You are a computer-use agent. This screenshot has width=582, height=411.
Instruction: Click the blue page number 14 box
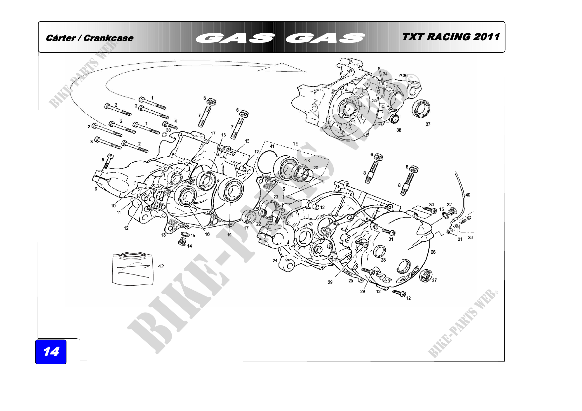(x=51, y=352)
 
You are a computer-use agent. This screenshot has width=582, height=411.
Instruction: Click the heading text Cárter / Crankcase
(x=90, y=38)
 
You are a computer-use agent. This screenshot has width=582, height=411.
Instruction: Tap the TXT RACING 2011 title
(x=451, y=37)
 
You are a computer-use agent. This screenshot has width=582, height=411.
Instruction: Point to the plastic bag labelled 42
(x=133, y=269)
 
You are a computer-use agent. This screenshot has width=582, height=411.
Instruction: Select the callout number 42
(x=161, y=266)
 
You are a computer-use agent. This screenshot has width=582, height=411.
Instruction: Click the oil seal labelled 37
(x=421, y=108)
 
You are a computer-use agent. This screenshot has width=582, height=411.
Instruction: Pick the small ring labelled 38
(x=394, y=119)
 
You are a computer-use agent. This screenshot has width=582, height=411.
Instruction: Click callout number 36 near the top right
(x=405, y=76)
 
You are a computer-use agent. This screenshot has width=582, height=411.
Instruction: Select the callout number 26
(x=433, y=252)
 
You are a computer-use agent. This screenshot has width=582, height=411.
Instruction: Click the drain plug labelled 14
(x=181, y=242)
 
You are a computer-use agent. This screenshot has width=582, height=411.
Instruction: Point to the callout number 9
(x=96, y=189)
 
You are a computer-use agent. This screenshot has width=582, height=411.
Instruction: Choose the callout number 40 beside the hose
(x=468, y=195)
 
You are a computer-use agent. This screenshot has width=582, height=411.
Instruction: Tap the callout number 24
(x=275, y=261)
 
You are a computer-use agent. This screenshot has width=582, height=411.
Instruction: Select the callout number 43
(x=307, y=160)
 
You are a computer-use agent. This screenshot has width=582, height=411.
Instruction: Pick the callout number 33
(x=168, y=130)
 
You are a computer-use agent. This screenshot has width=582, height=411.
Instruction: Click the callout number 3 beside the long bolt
(x=92, y=141)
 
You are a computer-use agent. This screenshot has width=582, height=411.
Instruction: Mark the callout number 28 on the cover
(x=383, y=260)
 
